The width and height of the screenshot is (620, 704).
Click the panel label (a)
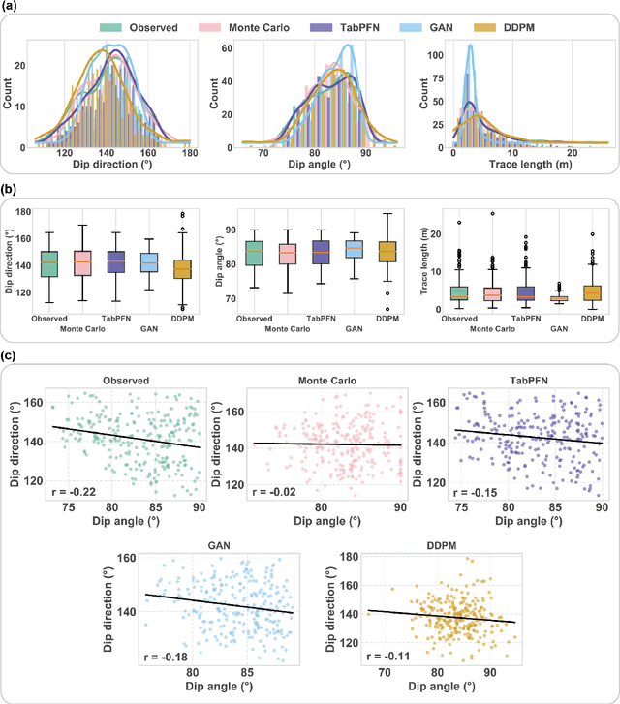pos(13,9)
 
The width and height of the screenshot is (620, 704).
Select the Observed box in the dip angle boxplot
pos(252,253)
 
